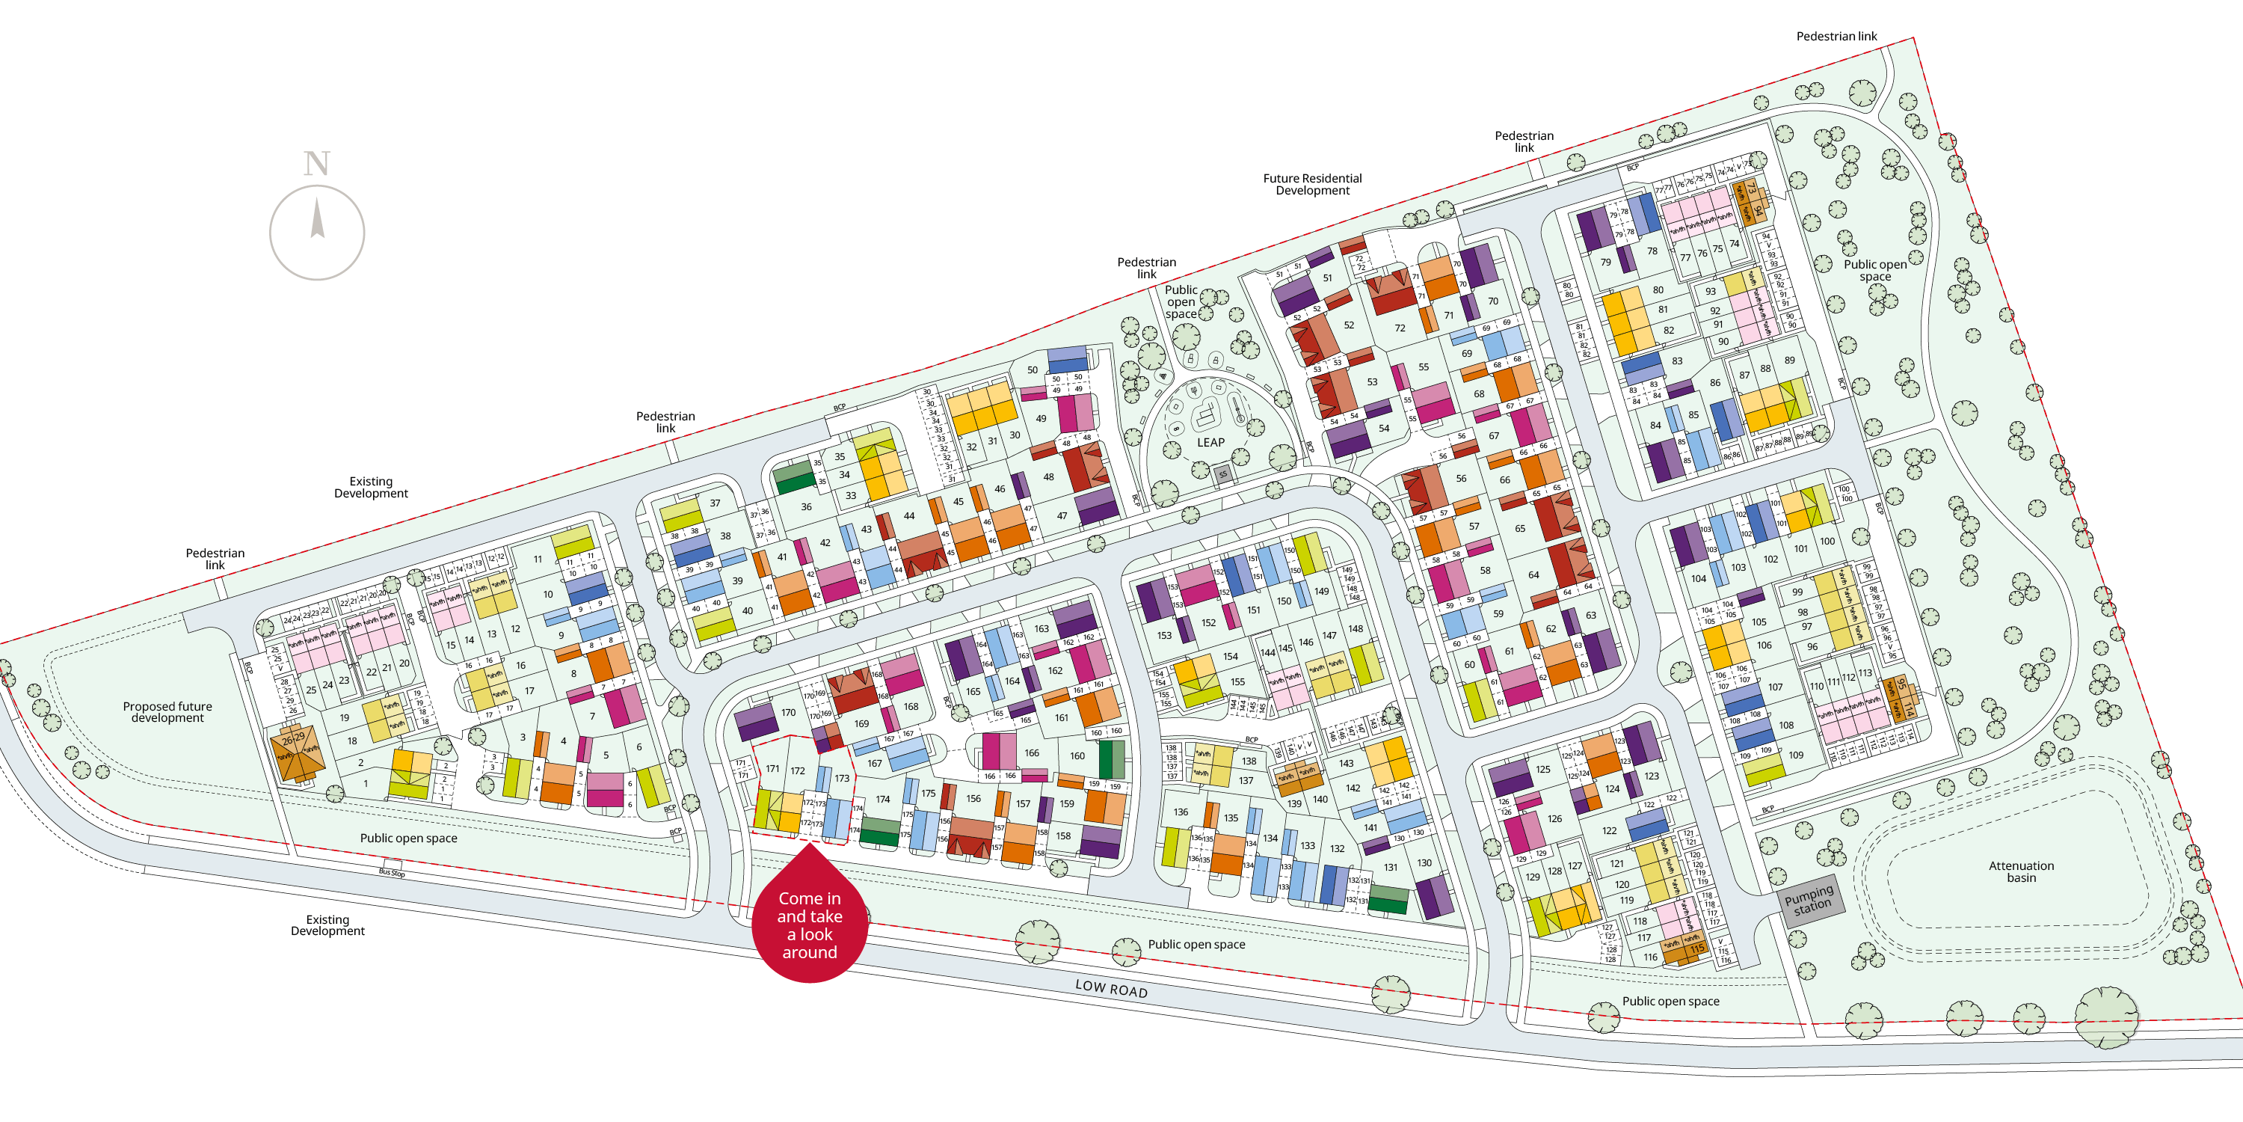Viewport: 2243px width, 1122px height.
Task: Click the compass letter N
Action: (x=317, y=164)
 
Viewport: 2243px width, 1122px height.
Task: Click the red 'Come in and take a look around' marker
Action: (x=810, y=923)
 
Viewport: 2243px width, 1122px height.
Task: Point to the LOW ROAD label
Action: (x=1111, y=988)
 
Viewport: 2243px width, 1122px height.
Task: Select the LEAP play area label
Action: (x=1210, y=443)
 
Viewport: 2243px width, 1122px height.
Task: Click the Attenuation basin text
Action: (x=2021, y=871)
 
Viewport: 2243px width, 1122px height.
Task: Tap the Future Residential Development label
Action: (x=1312, y=184)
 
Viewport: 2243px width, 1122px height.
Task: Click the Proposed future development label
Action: (x=167, y=711)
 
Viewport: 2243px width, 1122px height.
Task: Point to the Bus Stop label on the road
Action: (x=392, y=872)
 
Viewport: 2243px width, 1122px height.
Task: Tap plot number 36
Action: (x=806, y=506)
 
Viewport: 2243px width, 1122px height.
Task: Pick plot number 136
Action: (x=1180, y=812)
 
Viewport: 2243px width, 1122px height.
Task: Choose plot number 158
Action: (x=1063, y=836)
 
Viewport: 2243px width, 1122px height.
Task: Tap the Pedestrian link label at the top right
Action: (x=1836, y=36)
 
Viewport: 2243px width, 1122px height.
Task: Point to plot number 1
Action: (x=366, y=783)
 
